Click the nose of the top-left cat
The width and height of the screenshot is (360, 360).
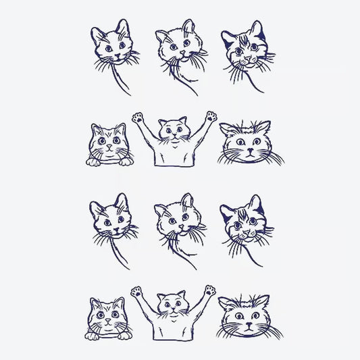tap(109, 53)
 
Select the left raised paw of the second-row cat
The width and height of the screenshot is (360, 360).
tap(138, 118)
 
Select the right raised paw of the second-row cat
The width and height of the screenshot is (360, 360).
tap(211, 116)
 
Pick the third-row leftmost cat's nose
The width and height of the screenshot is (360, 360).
tap(109, 226)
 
